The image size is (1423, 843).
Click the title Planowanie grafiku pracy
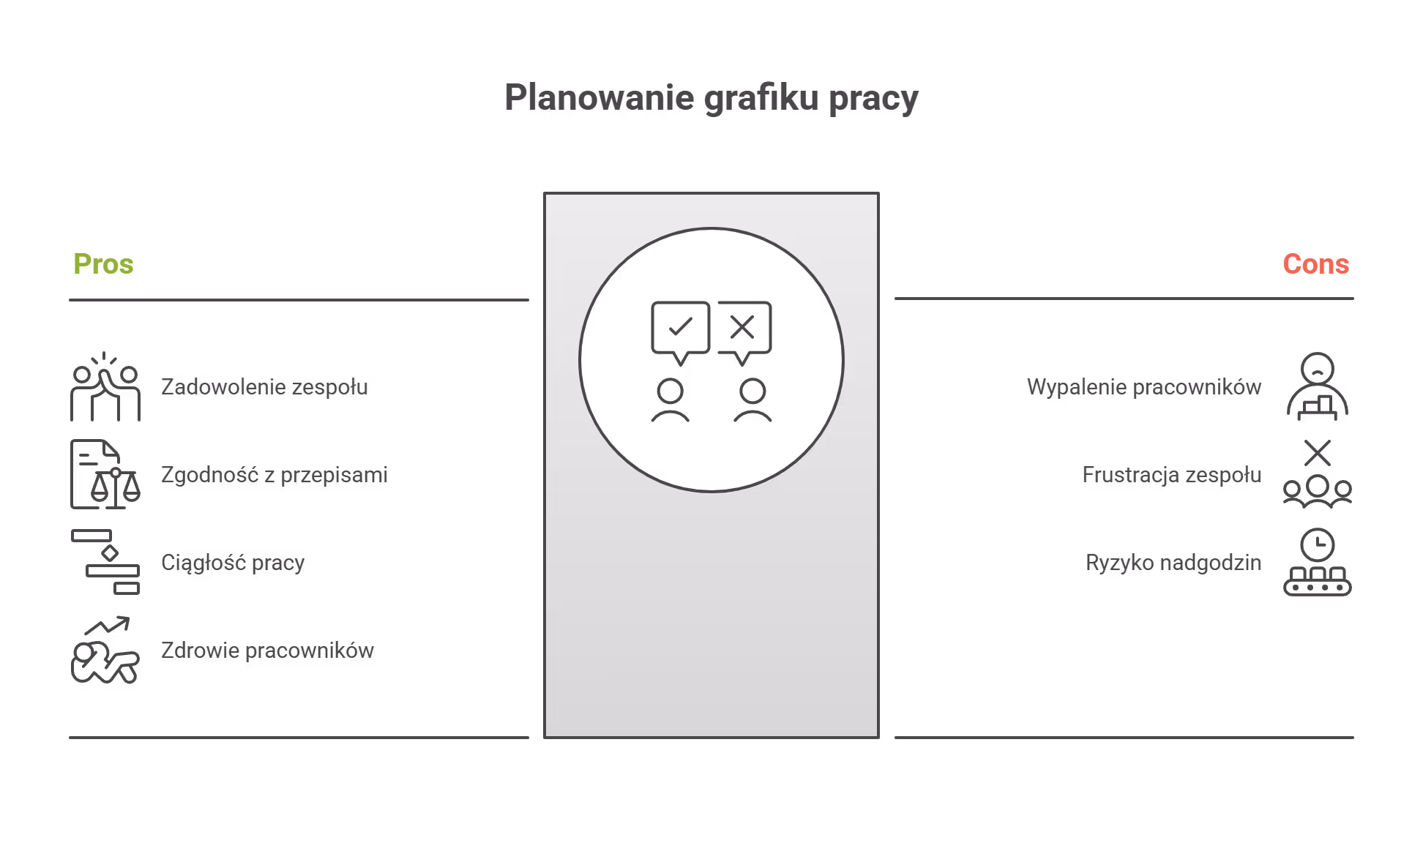pos(711,97)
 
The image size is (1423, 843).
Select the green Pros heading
pos(103,264)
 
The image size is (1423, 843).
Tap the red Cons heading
pos(1315,264)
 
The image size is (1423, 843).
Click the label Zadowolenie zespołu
pos(264,387)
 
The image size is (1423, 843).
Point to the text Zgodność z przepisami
pos(274,475)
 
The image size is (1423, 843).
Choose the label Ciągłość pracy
pos(233,563)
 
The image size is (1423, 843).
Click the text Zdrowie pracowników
pos(267,651)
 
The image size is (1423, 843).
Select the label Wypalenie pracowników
pos(1144,387)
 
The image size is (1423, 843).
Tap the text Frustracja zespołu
pos(1171,475)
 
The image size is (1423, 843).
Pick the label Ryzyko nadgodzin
pos(1173,563)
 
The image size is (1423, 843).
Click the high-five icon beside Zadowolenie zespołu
pos(105,387)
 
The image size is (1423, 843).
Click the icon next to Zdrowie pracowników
pos(105,651)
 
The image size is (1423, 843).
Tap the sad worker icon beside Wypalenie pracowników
pos(1318,386)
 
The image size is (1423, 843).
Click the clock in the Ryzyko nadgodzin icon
pos(1318,545)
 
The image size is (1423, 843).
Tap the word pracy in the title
pos(873,99)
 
